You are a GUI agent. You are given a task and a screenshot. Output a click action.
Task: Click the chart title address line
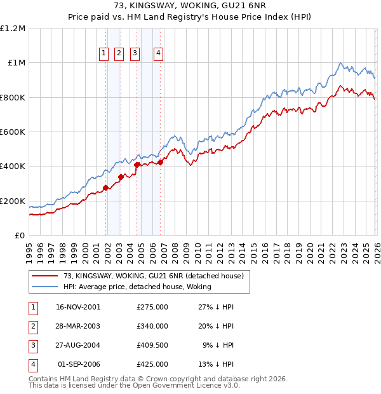pyautogui.click(x=190, y=6)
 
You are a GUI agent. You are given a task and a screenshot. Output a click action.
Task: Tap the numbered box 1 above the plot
pyautogui.click(x=104, y=54)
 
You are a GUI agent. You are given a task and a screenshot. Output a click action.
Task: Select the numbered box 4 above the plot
pyautogui.click(x=158, y=54)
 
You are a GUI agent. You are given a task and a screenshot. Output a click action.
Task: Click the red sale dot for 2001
pyautogui.click(x=105, y=187)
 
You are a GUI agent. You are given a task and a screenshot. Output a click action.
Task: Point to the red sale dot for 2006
pyautogui.click(x=160, y=162)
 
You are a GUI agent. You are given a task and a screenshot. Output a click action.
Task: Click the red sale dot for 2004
pyautogui.click(x=137, y=165)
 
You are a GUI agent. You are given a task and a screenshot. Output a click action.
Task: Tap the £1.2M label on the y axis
pyautogui.click(x=13, y=29)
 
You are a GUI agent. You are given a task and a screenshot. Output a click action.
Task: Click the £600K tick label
pyautogui.click(x=12, y=132)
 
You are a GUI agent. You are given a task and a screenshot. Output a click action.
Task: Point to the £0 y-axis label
pyautogui.click(x=19, y=236)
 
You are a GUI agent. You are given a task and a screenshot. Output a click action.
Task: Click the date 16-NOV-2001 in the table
pyautogui.click(x=78, y=307)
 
